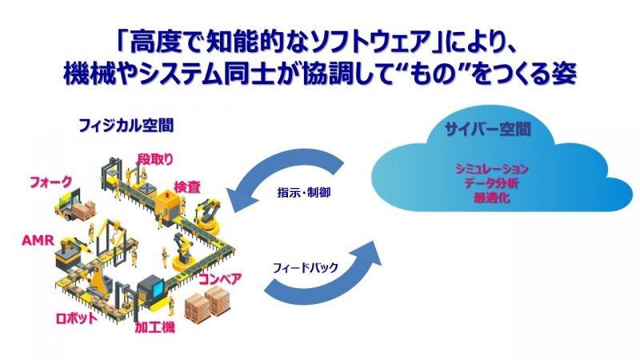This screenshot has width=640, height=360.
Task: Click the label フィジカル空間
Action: (126, 126)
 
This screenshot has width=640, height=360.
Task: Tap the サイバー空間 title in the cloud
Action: (488, 130)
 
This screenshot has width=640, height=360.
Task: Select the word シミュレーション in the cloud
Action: (492, 169)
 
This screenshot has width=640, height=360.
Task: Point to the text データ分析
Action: (491, 183)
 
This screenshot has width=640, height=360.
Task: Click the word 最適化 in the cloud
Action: (491, 198)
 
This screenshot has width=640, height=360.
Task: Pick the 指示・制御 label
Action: (304, 192)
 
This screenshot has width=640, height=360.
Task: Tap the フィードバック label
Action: (306, 268)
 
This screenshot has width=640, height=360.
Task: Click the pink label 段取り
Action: (155, 159)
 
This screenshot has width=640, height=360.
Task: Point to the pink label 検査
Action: (187, 187)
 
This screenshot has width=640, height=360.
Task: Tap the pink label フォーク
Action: (51, 182)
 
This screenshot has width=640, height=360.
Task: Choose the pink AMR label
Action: (38, 240)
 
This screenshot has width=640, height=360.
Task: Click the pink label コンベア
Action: (220, 279)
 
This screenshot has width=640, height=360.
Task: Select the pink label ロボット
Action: (77, 318)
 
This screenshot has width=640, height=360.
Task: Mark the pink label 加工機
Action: (154, 327)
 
